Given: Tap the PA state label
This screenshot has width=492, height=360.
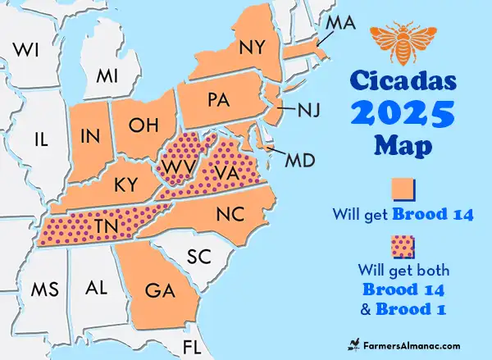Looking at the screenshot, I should click(x=218, y=101).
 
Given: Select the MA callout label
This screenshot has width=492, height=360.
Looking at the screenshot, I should click(x=339, y=23).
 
